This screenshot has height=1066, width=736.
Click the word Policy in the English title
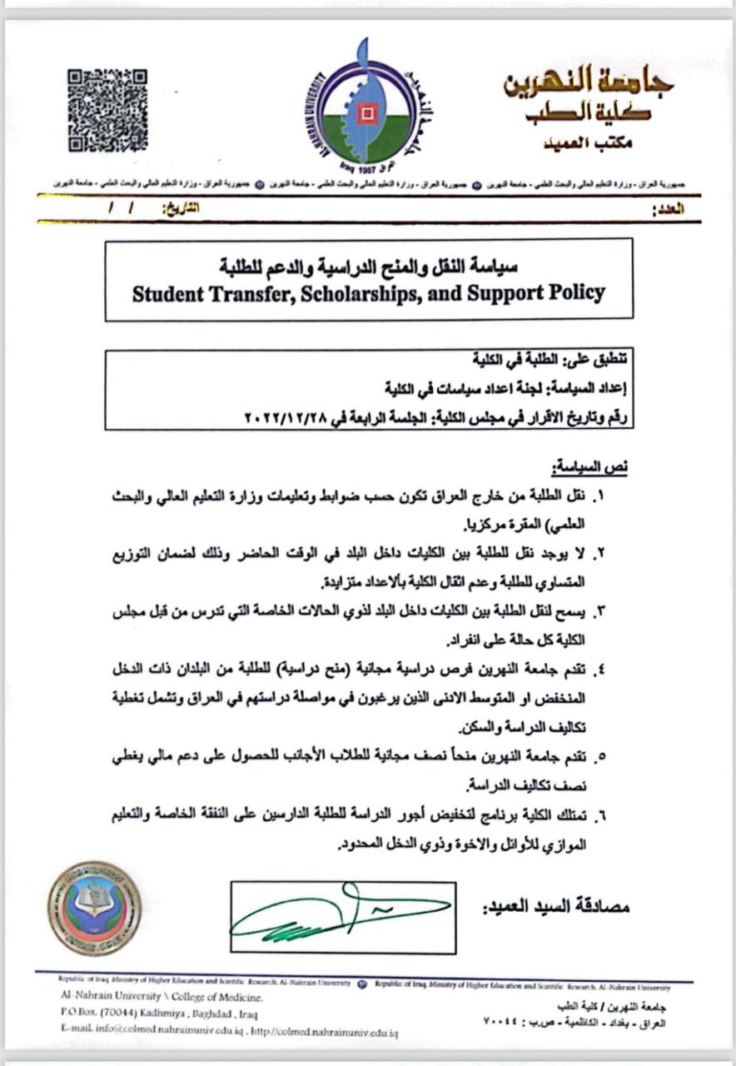coord(569,293)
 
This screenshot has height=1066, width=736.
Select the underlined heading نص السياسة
coord(592,466)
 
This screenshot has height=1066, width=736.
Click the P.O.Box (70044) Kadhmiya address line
coord(158,1014)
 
